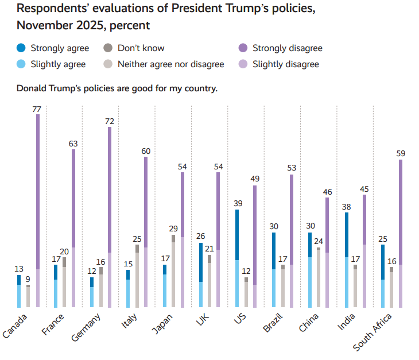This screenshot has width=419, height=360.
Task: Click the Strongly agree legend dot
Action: click(21, 48)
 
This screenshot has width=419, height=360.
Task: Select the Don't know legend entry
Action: click(141, 48)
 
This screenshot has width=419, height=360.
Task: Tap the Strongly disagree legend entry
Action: click(287, 48)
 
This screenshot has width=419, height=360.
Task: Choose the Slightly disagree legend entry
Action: click(285, 64)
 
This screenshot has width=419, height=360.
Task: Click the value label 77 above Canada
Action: click(38, 109)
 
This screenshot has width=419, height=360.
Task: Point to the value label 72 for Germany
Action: click(110, 121)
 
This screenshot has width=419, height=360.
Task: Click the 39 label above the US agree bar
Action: click(236, 204)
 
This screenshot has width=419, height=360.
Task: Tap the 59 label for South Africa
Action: click(400, 153)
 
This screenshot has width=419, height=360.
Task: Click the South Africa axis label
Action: click(373, 333)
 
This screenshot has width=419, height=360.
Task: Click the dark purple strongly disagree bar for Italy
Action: click(146, 201)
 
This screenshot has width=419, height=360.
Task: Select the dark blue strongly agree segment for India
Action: click(347, 234)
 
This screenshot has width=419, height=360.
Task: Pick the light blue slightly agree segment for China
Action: click(310, 282)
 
